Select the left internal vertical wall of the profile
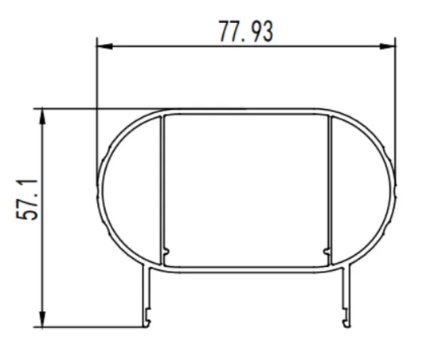point(162,187)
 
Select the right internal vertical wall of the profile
point(330,187)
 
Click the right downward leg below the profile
point(346,295)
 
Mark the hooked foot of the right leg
point(346,323)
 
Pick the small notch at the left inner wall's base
point(166,253)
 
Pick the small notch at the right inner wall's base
point(327,253)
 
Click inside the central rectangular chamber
point(247,191)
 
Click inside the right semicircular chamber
point(362,191)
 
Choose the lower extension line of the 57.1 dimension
point(88,327)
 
